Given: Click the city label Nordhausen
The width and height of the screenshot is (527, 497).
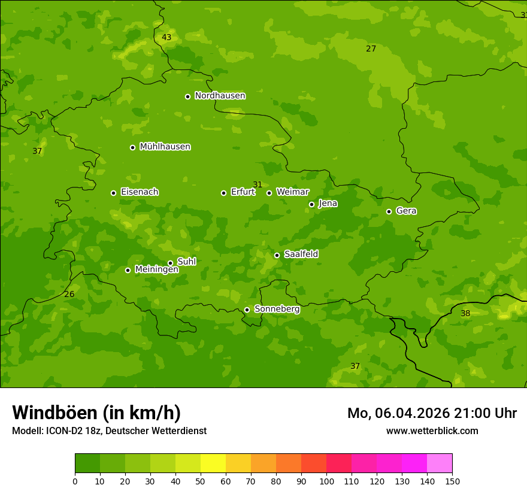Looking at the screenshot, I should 220,96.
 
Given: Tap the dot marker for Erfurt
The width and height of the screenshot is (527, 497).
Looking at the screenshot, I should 223,193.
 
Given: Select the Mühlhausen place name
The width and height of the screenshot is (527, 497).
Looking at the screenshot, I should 165,147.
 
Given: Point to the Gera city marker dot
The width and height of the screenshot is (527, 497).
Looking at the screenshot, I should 389,211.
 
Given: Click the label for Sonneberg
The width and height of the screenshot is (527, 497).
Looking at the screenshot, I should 277,309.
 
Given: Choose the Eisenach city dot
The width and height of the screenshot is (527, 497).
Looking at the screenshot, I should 113,193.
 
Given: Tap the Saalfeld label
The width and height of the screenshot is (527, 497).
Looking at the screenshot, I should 301,254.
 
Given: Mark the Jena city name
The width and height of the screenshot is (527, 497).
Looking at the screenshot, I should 328,204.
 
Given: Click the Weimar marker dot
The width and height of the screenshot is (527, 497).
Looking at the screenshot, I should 269,193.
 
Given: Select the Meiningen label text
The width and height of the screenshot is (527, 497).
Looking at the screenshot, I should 156,269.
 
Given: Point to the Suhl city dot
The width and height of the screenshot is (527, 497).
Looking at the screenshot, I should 170,263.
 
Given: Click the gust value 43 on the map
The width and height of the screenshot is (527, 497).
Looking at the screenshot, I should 166,38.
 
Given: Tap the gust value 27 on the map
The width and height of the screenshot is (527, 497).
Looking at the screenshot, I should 371,49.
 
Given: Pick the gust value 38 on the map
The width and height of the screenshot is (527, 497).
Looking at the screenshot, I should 465,314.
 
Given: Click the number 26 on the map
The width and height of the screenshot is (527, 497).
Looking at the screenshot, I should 69,295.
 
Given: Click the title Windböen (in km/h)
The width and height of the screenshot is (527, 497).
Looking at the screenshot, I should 96,413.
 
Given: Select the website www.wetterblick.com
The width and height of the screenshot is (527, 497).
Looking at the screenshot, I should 432,431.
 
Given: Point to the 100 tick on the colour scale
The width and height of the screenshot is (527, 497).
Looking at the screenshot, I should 326,481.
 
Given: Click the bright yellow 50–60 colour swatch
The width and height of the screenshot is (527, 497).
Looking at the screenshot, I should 213,463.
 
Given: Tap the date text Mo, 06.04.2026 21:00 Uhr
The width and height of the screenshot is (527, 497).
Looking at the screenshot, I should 432,413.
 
